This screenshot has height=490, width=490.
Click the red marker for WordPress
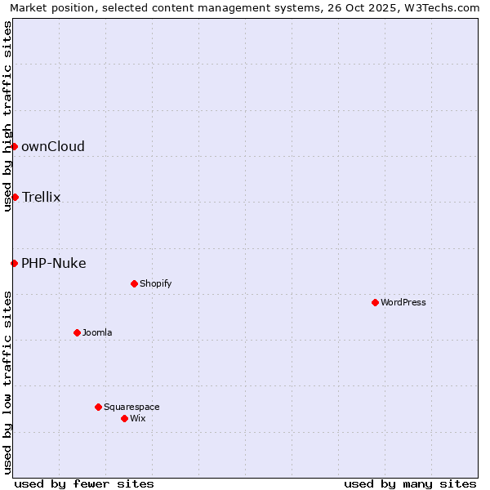pyautogui.click(x=375, y=302)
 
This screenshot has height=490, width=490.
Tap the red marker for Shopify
pyautogui.click(x=134, y=283)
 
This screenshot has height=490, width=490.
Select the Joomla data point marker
pyautogui.click(x=77, y=332)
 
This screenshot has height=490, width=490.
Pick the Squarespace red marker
pyautogui.click(x=98, y=407)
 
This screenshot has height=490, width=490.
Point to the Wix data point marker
pyautogui.click(x=124, y=418)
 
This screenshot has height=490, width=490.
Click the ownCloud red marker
pyautogui.click(x=14, y=146)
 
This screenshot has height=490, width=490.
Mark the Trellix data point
pyautogui.click(x=15, y=197)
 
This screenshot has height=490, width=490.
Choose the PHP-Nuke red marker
pyautogui.click(x=14, y=263)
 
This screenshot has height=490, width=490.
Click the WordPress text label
pyautogui.click(x=403, y=302)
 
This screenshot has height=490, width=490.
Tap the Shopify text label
pyautogui.click(x=156, y=283)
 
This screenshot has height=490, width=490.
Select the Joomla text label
pyautogui.click(x=97, y=332)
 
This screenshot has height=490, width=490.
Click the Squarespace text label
pyautogui.click(x=131, y=407)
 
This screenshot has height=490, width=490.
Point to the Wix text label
pyautogui.click(x=138, y=418)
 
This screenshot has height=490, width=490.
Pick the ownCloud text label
pyautogui.click(x=53, y=147)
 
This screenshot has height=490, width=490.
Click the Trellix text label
pyautogui.click(x=42, y=198)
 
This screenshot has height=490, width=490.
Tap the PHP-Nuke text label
pyautogui.click(x=54, y=263)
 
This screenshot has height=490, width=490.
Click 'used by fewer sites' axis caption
pyautogui.click(x=84, y=483)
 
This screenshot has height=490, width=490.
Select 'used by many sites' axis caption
pyautogui.click(x=410, y=483)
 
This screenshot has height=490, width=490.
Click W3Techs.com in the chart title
pyautogui.click(x=444, y=8)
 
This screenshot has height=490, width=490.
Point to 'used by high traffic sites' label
pyautogui.click(x=8, y=116)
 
